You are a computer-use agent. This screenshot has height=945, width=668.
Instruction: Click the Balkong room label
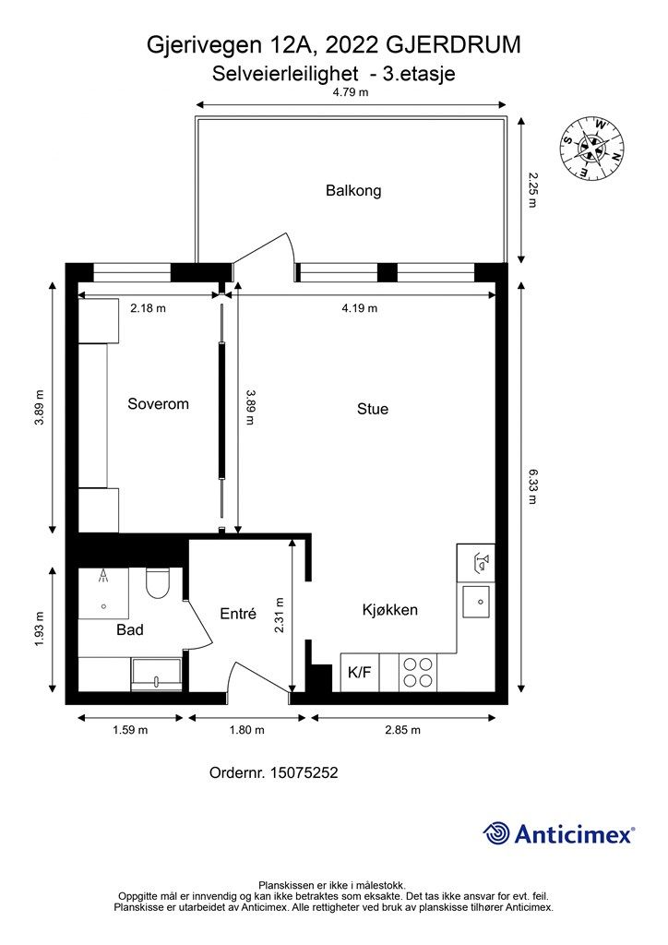tap(353, 190)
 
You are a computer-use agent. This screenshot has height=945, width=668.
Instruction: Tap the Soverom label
tap(158, 404)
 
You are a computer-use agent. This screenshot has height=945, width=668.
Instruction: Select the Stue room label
tap(372, 409)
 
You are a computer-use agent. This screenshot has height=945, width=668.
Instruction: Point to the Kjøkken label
tap(389, 609)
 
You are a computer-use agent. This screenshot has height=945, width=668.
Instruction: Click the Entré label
tap(238, 614)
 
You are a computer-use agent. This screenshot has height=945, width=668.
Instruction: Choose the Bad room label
tap(129, 629)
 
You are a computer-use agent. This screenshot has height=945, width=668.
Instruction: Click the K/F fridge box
tap(360, 672)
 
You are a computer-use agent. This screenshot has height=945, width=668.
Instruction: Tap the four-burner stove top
tap(418, 672)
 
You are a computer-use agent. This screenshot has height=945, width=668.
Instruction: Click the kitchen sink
tap(476, 602)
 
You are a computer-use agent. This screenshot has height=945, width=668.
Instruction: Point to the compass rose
tap(591, 149)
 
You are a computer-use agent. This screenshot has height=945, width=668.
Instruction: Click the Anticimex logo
tap(558, 834)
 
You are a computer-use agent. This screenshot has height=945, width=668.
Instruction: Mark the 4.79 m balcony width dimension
tap(351, 92)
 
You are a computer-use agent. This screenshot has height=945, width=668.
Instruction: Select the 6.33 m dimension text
tap(531, 486)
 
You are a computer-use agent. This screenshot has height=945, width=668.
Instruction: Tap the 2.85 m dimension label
tap(402, 730)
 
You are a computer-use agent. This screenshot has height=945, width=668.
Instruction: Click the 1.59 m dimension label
tap(130, 730)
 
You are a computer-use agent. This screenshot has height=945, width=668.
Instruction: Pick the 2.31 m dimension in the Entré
tap(280, 615)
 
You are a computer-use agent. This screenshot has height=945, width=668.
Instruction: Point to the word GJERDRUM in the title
tap(453, 45)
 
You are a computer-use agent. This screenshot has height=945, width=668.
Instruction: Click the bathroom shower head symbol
tap(104, 577)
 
